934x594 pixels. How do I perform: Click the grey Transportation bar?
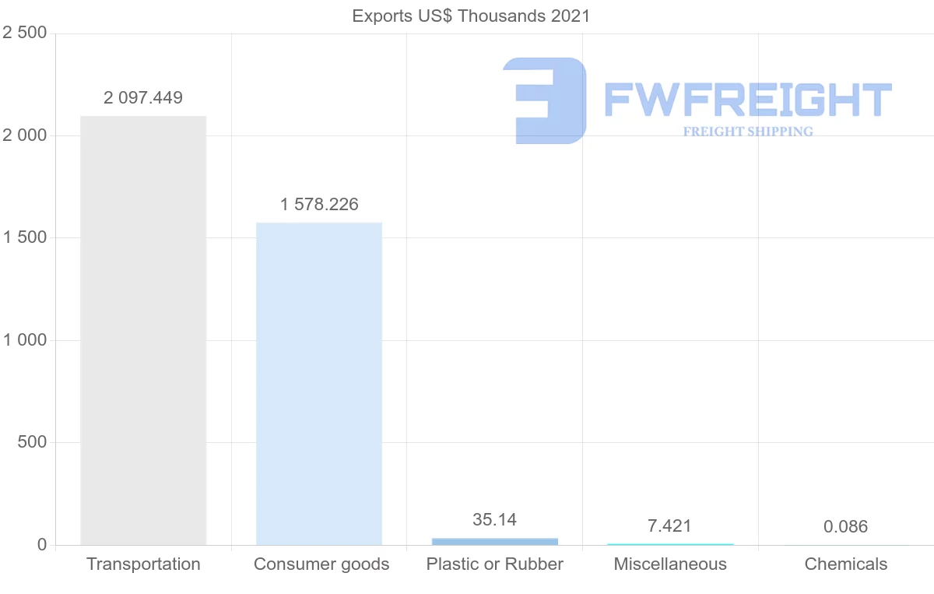[143, 331]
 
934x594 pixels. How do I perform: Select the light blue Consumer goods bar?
[319, 384]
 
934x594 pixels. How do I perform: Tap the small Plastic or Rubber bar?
[495, 541]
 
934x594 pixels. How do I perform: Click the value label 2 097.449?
[143, 98]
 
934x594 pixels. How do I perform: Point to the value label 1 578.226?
[319, 205]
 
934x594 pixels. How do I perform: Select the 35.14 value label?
[495, 520]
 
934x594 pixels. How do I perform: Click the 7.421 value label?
[669, 527]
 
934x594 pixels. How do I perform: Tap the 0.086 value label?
[845, 527]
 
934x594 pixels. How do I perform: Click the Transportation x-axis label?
[143, 564]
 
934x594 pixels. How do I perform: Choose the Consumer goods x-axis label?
[321, 564]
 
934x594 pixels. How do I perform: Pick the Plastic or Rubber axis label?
[495, 564]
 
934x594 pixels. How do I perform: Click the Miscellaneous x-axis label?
[670, 564]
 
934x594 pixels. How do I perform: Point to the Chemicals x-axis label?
[846, 564]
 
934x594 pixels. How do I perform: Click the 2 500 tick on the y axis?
[25, 33]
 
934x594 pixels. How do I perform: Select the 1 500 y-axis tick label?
[25, 238]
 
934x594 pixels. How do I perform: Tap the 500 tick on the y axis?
[32, 443]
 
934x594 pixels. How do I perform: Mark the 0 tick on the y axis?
[42, 545]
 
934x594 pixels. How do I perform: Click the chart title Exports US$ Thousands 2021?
[472, 16]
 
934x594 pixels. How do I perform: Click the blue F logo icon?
[544, 100]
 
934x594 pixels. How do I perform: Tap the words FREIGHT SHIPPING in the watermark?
[748, 132]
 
